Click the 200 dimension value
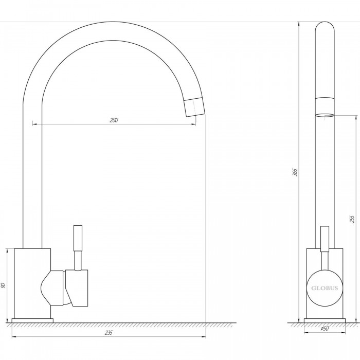pyautogui.click(x=114, y=120)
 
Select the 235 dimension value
pyautogui.click(x=109, y=332)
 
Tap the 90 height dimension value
pyautogui.click(x=3, y=285)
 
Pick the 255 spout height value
pyautogui.click(x=352, y=219)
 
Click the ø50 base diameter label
pyautogui.click(x=325, y=329)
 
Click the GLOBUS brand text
pyautogui.click(x=325, y=288)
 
